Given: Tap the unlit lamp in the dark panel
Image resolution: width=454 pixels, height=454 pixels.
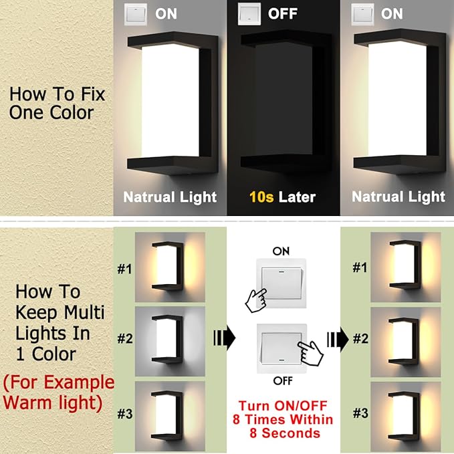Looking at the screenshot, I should pyautogui.click(x=283, y=100).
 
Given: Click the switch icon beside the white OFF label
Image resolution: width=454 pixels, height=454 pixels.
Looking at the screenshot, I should pyautogui.click(x=249, y=14).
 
